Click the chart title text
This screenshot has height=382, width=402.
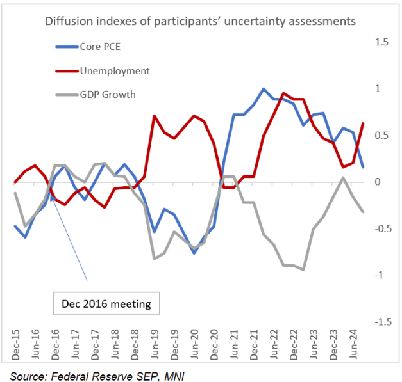(200, 21)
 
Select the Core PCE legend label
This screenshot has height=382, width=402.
(100, 47)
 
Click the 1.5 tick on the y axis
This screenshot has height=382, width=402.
(382, 42)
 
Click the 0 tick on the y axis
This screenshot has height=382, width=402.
(378, 182)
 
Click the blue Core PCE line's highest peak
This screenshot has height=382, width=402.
(264, 89)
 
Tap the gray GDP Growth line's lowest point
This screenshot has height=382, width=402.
(303, 269)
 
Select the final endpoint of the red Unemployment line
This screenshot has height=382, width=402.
(364, 123)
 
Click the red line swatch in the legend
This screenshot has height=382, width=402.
(66, 70)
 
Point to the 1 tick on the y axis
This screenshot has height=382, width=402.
(378, 89)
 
